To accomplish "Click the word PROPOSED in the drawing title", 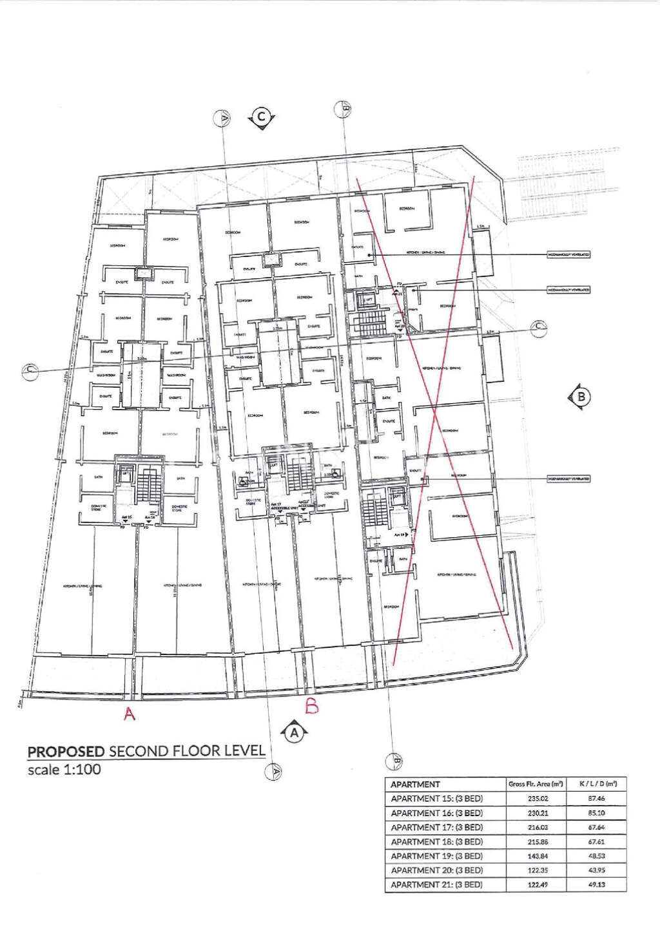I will pos(66,751).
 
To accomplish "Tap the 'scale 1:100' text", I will pos(64,770).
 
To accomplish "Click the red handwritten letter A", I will pos(130,714).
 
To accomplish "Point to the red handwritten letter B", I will pos(312,707).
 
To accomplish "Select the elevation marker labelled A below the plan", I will pos(295,732).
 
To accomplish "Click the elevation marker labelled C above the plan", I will pos(262,117).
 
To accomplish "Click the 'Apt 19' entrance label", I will pos(400,535).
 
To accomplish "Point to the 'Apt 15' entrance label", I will pos(126,517).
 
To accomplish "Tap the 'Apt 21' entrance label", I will pos(398,293).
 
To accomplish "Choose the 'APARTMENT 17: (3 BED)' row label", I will pos(436,828).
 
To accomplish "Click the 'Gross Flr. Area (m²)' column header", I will pos(536,785).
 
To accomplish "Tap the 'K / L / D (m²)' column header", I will pos(597,785).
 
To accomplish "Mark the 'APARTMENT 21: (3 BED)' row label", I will pos(436,885).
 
